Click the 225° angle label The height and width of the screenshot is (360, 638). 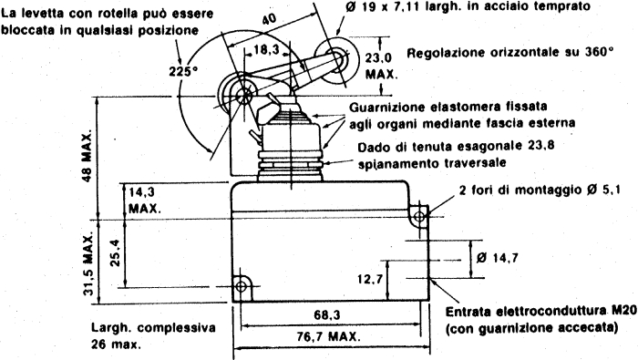pos(182,72)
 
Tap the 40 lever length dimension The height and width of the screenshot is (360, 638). pos(269,19)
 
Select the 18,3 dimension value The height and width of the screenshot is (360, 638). pos(266,49)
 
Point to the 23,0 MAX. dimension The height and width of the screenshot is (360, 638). pos(381,66)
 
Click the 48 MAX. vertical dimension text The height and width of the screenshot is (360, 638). pos(87,156)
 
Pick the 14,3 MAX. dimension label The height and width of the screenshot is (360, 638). pos(144,201)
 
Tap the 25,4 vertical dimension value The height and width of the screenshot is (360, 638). pos(115,253)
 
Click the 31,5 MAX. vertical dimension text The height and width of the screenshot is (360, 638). pos(87,263)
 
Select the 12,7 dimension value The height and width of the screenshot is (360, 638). pos(370,280)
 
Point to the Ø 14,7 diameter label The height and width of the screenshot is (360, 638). pos(497,258)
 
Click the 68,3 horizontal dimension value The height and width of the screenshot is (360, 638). pos(326,314)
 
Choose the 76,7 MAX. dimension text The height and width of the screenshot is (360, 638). pos(328,337)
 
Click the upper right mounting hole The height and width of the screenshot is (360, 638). pos(419,216)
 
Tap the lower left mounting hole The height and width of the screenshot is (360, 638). pos(241,287)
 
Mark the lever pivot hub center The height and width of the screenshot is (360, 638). pos(244,96)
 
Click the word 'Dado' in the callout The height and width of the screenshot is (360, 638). pos(373,147)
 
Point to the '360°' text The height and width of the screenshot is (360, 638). pos(600,52)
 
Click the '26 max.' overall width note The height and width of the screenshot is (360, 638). pos(116,345)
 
